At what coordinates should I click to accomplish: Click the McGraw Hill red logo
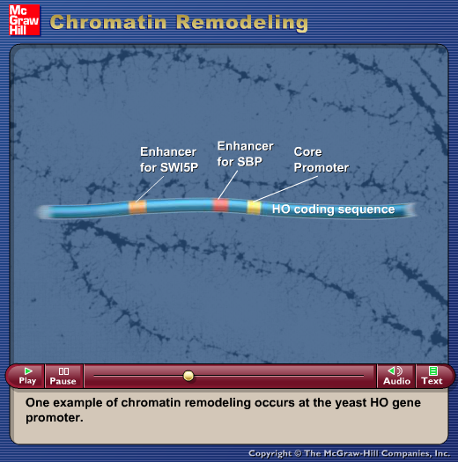(24, 20)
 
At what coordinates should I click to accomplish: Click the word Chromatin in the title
(108, 22)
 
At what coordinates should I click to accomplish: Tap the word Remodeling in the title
(242, 23)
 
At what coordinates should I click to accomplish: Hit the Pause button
(63, 377)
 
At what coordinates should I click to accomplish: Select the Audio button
(396, 377)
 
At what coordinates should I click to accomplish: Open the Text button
(432, 377)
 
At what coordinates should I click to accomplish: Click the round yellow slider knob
(188, 376)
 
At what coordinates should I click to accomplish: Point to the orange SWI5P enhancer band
(137, 207)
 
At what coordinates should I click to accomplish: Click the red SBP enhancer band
(220, 205)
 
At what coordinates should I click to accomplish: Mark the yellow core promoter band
(254, 207)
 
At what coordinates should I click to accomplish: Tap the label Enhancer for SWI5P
(169, 159)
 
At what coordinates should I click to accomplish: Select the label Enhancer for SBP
(246, 154)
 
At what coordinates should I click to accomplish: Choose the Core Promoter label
(321, 159)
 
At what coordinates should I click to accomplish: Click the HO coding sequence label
(333, 209)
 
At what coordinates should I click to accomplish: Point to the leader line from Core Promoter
(285, 188)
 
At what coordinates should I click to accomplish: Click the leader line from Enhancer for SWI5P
(150, 189)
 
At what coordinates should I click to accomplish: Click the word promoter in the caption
(55, 418)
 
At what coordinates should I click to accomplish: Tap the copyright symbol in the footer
(298, 453)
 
